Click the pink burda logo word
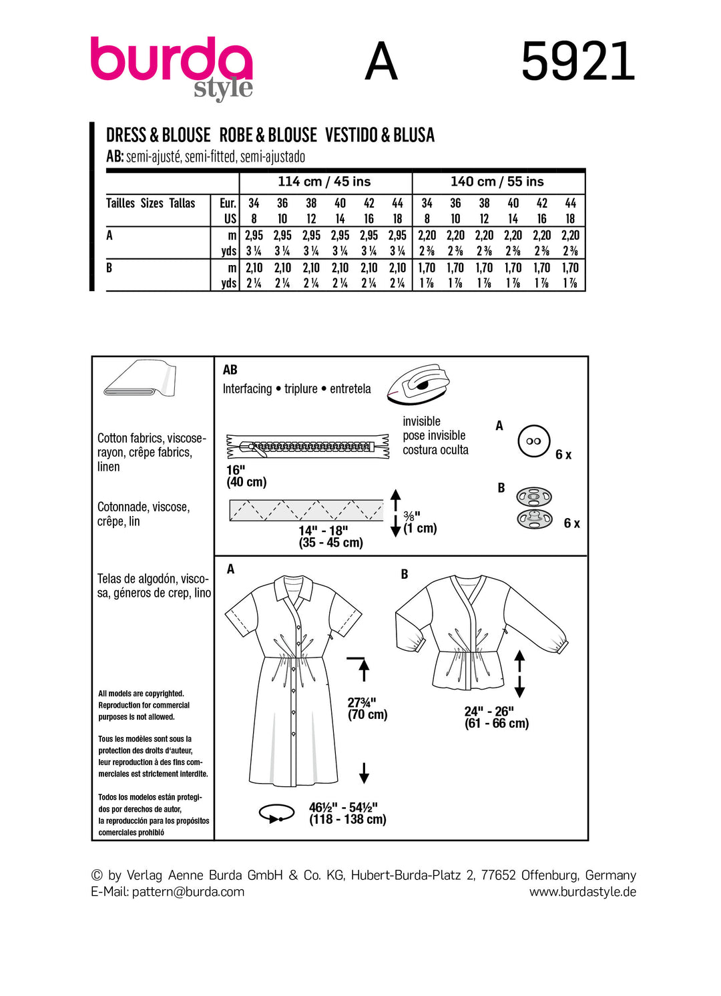coord(171,61)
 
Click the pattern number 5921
coord(577,62)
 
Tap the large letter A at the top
coord(381,62)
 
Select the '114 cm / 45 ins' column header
coord(324,182)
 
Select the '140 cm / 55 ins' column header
coord(497,182)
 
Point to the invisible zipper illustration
coord(308,447)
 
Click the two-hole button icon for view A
coord(533,441)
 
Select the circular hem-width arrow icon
coord(277,813)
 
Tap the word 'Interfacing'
coord(248,389)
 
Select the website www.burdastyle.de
coord(583,892)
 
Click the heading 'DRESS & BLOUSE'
coord(158,136)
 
